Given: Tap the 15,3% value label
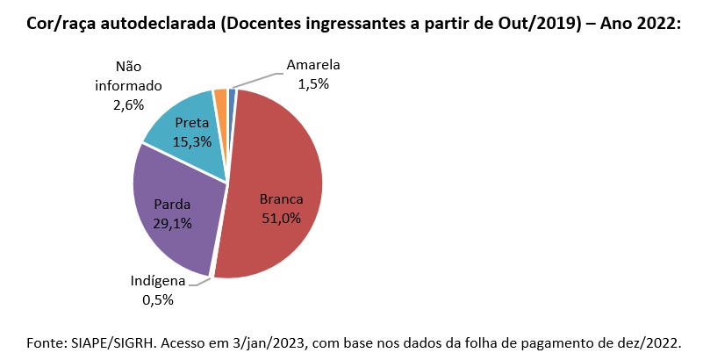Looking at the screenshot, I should tap(191, 140).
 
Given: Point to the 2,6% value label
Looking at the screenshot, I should tap(129, 104).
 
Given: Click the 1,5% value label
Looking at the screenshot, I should tap(312, 83).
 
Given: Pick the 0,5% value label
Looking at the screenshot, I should tap(158, 300).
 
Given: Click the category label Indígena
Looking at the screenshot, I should tap(158, 282).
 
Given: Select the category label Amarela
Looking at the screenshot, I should tap(312, 65).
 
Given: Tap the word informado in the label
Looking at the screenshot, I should tap(129, 86).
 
